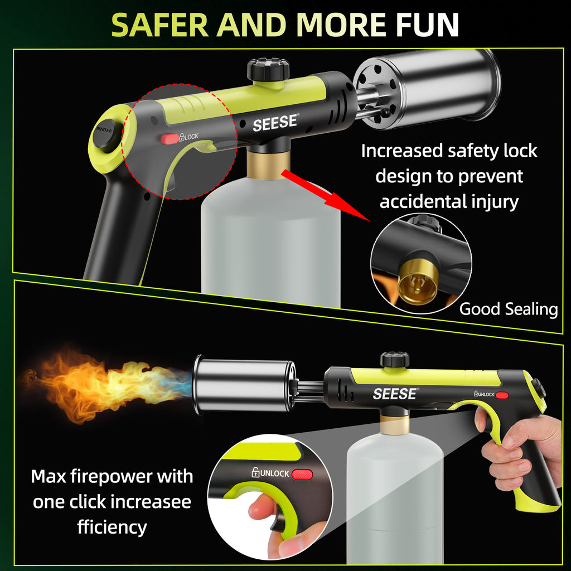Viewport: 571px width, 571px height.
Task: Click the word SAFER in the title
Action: click(161, 25)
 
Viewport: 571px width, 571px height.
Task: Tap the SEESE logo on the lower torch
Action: click(395, 394)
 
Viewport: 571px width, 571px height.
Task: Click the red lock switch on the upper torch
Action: click(169, 138)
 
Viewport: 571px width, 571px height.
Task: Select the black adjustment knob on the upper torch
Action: click(268, 70)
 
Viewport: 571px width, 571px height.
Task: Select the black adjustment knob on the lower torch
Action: click(395, 360)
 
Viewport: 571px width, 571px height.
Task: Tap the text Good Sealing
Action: click(508, 309)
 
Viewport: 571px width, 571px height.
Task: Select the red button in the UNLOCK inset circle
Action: click(303, 475)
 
